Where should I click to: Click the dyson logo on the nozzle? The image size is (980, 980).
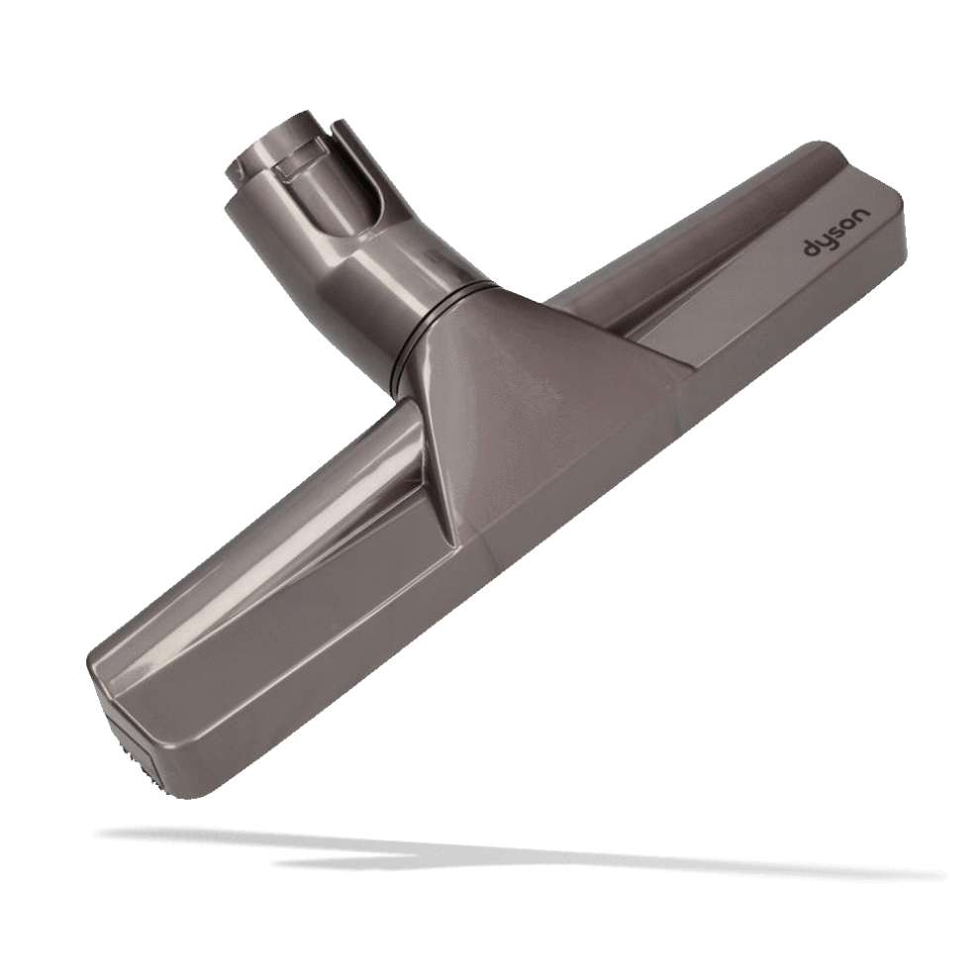point(835,234)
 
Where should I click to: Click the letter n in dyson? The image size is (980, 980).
point(860,215)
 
